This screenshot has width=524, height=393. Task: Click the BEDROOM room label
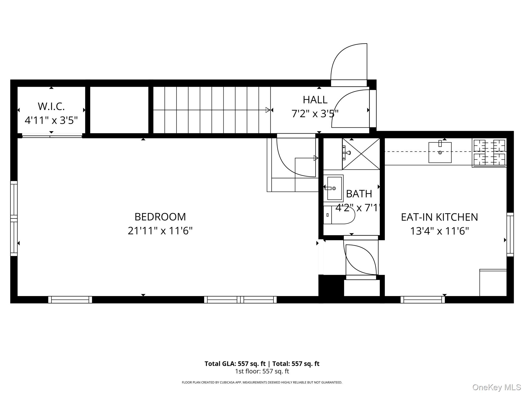(x=160, y=217)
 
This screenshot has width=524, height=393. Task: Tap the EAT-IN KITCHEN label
(x=439, y=217)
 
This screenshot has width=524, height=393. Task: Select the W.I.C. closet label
(x=51, y=106)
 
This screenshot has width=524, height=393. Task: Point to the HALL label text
(x=315, y=100)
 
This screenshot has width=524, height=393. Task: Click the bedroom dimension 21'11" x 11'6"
(x=160, y=231)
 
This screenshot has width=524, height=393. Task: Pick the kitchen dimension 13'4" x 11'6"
(x=439, y=231)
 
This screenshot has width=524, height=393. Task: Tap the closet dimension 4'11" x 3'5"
(x=51, y=120)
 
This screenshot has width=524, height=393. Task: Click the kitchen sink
(x=440, y=152)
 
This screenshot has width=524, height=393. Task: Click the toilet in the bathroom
(x=339, y=215)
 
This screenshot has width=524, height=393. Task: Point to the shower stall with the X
(x=361, y=154)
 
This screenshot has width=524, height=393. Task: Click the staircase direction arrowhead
(x=268, y=110)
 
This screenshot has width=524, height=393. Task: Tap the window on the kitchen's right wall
(x=510, y=234)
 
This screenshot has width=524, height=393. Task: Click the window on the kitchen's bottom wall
(x=423, y=300)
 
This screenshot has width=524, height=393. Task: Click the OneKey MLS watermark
(x=497, y=387)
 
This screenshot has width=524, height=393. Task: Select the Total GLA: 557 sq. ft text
(x=235, y=364)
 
